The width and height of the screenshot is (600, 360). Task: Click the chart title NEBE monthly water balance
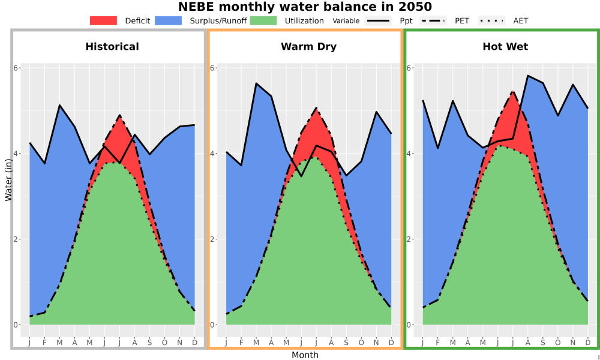point(305,7)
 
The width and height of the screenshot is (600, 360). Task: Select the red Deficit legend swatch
point(103,20)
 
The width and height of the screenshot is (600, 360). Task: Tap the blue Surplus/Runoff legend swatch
point(169,20)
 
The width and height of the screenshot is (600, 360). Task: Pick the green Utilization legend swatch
point(263,20)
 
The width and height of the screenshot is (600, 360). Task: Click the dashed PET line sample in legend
point(433,20)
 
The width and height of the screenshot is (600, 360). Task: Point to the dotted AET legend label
point(520,20)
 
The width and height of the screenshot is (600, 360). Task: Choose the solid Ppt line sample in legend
point(377,20)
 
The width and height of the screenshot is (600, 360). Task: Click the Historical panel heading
point(112,47)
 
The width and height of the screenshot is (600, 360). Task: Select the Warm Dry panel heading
point(309,47)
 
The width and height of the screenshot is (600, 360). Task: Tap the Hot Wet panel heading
point(505,47)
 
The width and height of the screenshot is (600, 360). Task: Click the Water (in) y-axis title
point(8,180)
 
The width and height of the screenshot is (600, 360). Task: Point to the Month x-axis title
point(305,355)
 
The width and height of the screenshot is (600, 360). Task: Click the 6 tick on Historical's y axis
point(16,68)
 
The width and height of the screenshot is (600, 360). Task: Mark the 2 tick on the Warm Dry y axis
point(213,239)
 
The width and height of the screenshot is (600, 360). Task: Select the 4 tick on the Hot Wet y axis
point(409,154)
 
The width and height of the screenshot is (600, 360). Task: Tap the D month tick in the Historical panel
point(195,343)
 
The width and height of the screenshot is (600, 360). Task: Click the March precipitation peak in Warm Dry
point(256,83)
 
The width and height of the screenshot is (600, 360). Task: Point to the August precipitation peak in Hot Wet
point(527,76)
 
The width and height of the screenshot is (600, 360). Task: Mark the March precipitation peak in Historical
point(59,105)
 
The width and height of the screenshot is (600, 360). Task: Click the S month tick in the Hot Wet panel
point(542,343)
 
